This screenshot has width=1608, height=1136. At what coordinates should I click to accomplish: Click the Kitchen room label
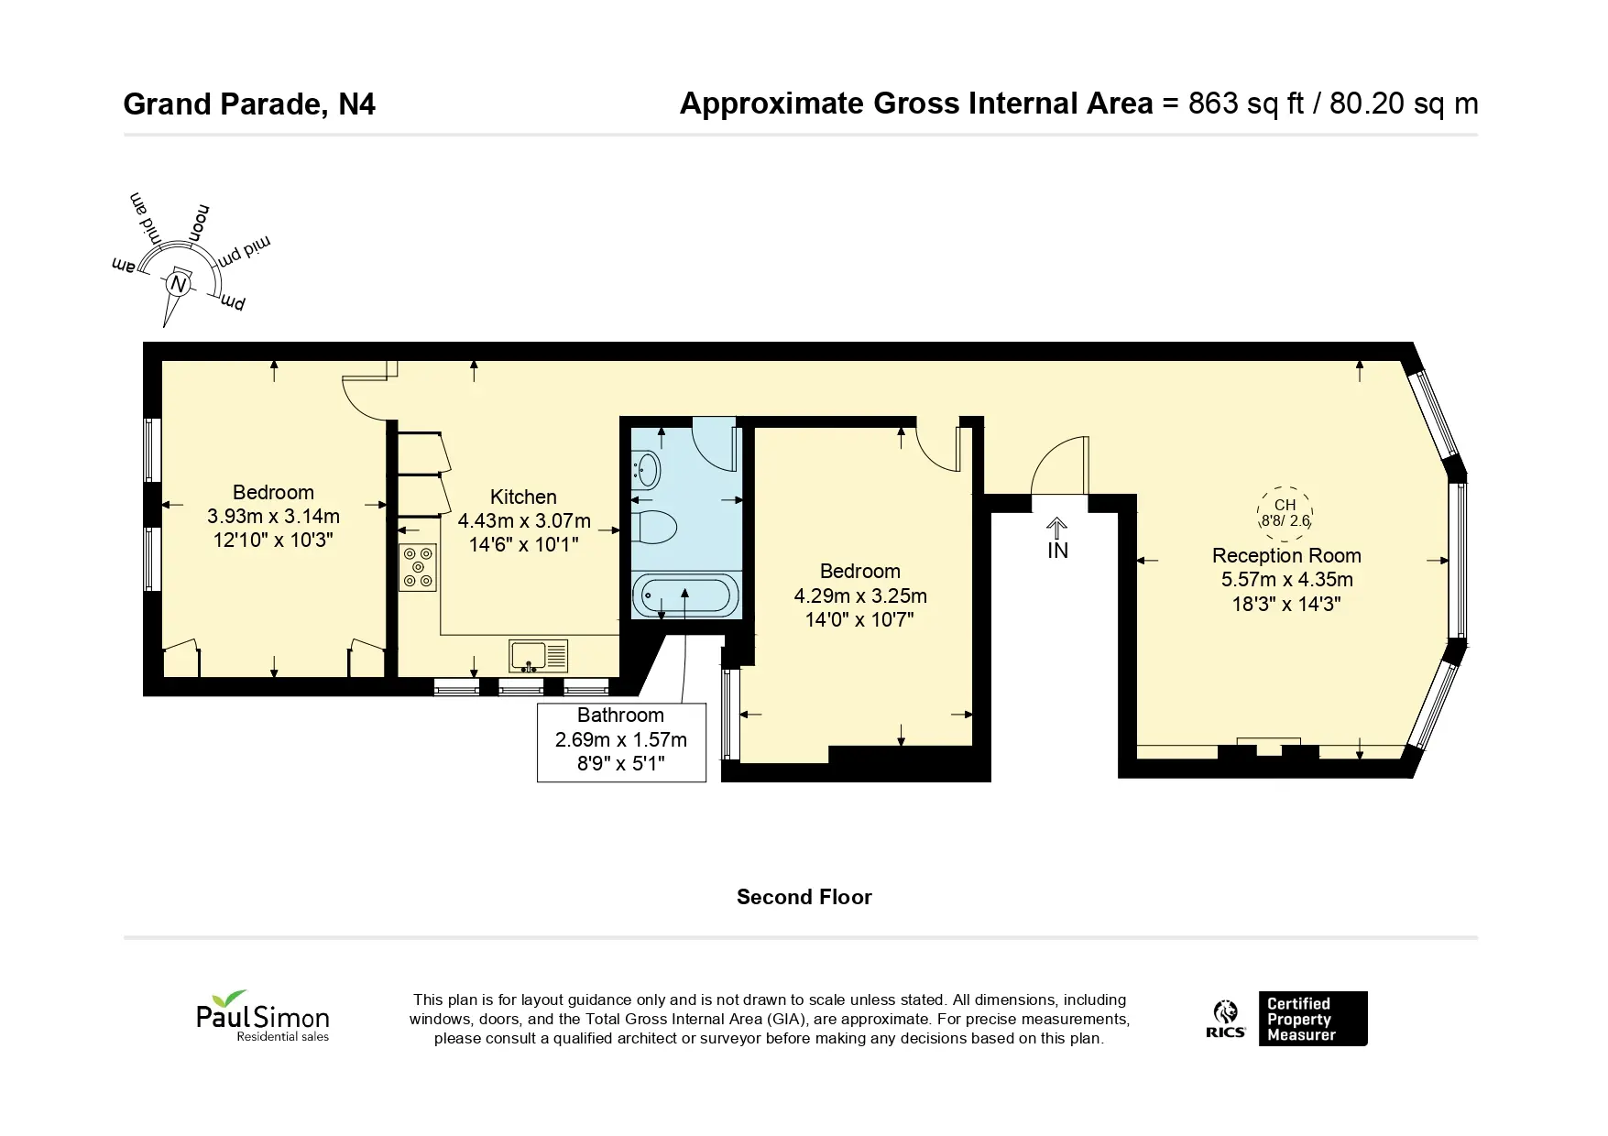pyautogui.click(x=523, y=497)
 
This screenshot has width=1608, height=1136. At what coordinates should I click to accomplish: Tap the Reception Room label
pyautogui.click(x=1286, y=555)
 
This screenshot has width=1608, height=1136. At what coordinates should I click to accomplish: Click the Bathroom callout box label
pyautogui.click(x=620, y=715)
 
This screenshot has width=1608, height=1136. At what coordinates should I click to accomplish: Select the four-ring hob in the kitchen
pyautogui.click(x=419, y=567)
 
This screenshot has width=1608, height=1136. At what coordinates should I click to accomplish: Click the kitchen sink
pyautogui.click(x=539, y=655)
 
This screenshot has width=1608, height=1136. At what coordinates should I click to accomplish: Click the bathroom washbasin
pyautogui.click(x=647, y=470)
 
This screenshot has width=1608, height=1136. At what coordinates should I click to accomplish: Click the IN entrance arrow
pyautogui.click(x=1057, y=528)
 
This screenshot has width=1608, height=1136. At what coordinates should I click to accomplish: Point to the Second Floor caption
pyautogui.click(x=804, y=897)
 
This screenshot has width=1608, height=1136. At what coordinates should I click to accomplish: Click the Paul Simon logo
pyautogui.click(x=263, y=1015)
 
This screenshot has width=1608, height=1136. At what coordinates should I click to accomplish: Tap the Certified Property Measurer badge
pyautogui.click(x=1313, y=1019)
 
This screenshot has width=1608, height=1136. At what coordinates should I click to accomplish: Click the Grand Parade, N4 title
pyautogui.click(x=249, y=104)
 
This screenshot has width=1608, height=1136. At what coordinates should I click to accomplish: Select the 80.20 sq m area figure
pyautogui.click(x=1404, y=104)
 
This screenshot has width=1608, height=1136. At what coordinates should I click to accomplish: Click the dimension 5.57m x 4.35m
pyautogui.click(x=1286, y=580)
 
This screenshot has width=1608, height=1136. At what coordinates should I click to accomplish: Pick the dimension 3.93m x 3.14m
pyautogui.click(x=273, y=517)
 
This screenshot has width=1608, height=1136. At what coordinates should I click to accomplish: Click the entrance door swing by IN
pyautogui.click(x=1061, y=465)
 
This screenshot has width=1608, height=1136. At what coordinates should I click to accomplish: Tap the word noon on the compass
pyautogui.click(x=197, y=222)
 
